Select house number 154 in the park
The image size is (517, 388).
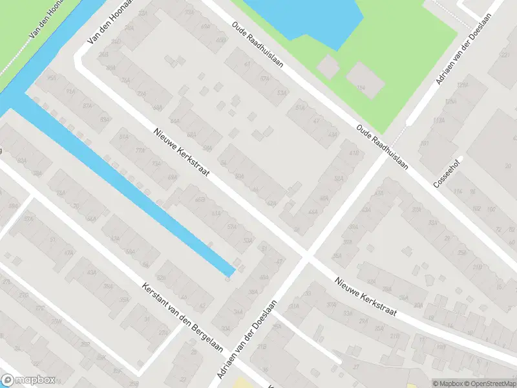(362, 87)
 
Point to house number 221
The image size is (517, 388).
(505, 55)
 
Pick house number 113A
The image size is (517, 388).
(439, 120)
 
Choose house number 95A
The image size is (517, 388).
(52, 80)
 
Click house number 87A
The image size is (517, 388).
(87, 107)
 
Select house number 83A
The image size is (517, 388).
(105, 120)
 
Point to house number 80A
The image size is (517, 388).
(111, 67)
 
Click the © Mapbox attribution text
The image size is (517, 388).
(448, 383)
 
